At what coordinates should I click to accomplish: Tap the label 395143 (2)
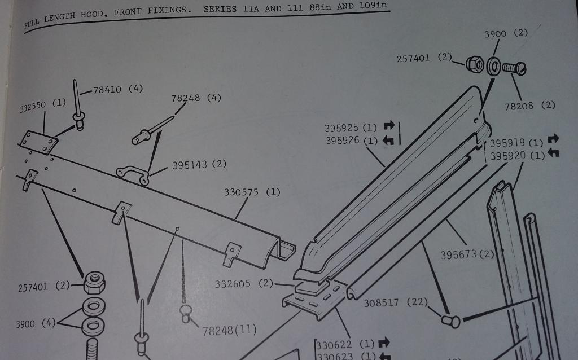[199, 164]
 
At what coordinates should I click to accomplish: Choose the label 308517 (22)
[396, 302]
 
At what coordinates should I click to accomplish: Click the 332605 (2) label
[244, 284]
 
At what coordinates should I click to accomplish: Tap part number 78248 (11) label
[229, 330]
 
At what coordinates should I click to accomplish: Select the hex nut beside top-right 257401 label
[475, 64]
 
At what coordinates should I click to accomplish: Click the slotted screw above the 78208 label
[514, 68]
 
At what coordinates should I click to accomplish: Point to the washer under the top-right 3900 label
[493, 67]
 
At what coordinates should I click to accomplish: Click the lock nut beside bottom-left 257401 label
[94, 283]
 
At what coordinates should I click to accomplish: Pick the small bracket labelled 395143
[133, 175]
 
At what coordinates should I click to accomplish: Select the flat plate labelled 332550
[38, 143]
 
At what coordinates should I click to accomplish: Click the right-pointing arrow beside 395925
[389, 126]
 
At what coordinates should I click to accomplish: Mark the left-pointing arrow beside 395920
[553, 153]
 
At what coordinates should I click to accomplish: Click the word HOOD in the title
[92, 15]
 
